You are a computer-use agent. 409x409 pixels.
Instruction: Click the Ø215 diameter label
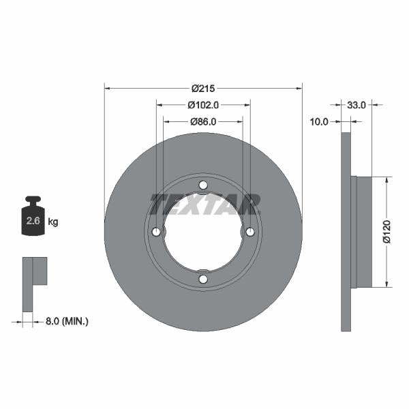pos(202,88)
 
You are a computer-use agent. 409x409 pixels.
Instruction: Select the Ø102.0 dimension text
pos(202,105)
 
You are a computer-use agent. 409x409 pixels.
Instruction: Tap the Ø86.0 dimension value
pos(202,121)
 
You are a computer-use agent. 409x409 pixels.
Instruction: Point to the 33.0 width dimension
pos(357,105)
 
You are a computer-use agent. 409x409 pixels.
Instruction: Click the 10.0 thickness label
pos(318,121)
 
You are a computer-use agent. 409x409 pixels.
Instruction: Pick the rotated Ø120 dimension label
pos(386,232)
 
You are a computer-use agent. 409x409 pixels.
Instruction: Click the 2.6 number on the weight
pos(32,222)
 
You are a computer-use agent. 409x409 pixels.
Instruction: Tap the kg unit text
pos(52,222)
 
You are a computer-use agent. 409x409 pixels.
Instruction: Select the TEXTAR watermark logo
pos(204,203)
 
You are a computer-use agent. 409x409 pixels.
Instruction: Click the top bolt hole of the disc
pos(203,185)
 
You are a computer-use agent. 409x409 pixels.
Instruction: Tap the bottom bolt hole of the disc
pos(203,279)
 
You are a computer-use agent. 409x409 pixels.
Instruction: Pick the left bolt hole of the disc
pos(156,232)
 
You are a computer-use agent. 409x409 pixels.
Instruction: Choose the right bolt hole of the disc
pos(250,232)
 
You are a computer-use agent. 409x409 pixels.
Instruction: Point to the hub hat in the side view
pos(363,232)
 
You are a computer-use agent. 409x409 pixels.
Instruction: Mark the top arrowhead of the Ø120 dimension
pos(387,179)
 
